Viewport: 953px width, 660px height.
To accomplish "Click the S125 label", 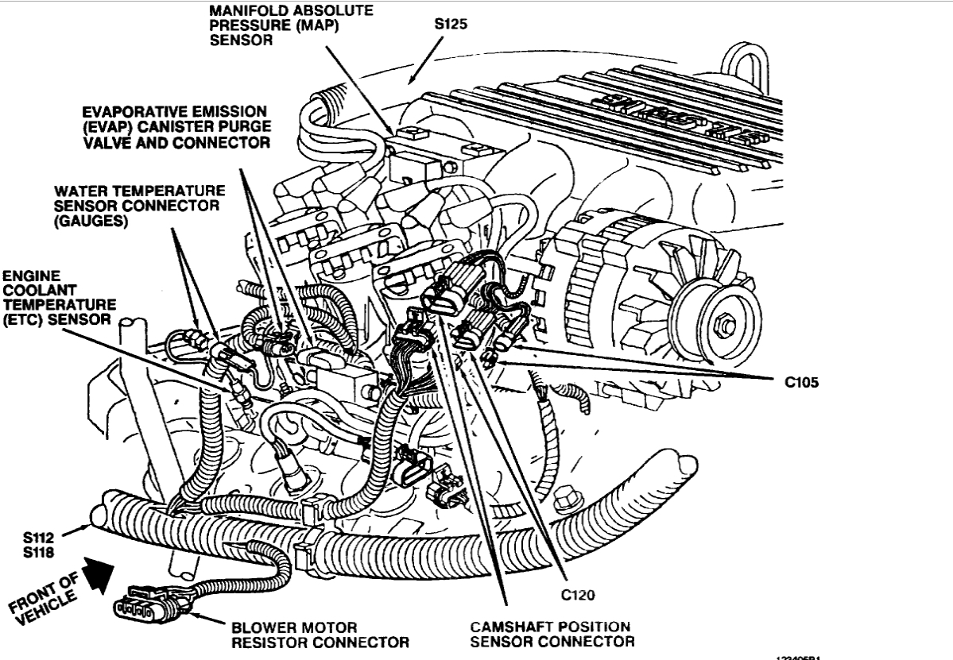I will [451, 24].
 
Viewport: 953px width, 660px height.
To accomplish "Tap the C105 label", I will [800, 380].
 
